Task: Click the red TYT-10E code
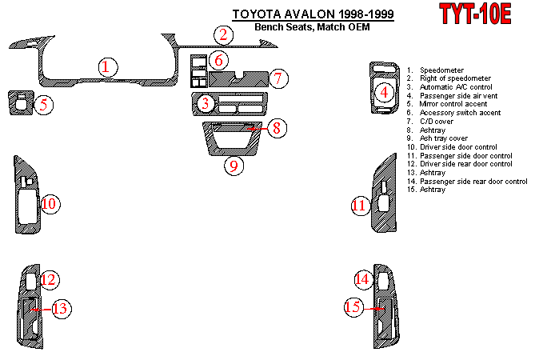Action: (x=475, y=14)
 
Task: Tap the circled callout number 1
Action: (x=106, y=67)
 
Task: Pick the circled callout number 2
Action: (x=224, y=34)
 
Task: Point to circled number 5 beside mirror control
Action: (x=45, y=103)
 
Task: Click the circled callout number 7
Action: (x=277, y=78)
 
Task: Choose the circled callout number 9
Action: (x=233, y=166)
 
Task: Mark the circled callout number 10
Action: (x=49, y=204)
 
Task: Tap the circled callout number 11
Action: (x=359, y=206)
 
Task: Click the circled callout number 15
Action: (x=353, y=306)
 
